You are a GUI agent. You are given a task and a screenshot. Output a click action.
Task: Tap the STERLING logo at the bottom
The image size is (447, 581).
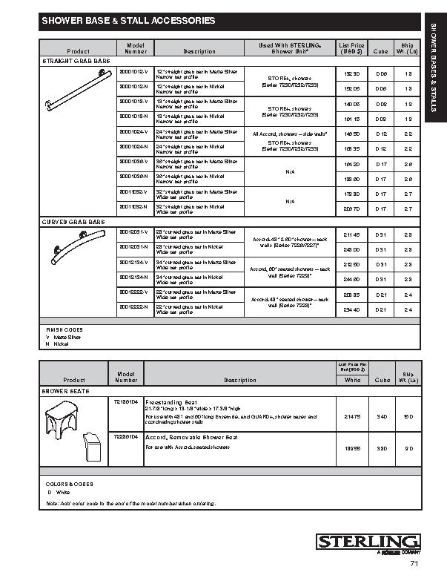pos(368,542)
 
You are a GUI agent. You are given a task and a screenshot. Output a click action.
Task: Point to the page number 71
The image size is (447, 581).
pos(414,564)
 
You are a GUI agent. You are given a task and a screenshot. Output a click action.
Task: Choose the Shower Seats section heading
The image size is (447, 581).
pos(65,389)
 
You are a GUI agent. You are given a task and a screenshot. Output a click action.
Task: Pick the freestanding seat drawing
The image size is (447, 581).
pos(62,421)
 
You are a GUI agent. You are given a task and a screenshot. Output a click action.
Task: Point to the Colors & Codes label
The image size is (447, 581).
pos(69,484)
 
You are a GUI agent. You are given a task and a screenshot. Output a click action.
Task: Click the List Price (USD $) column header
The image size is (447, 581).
pos(351,48)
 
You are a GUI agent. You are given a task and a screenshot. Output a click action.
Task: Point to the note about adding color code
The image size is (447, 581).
pos(130,504)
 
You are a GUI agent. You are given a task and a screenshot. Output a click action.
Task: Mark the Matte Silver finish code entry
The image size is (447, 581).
pos(62,337)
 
